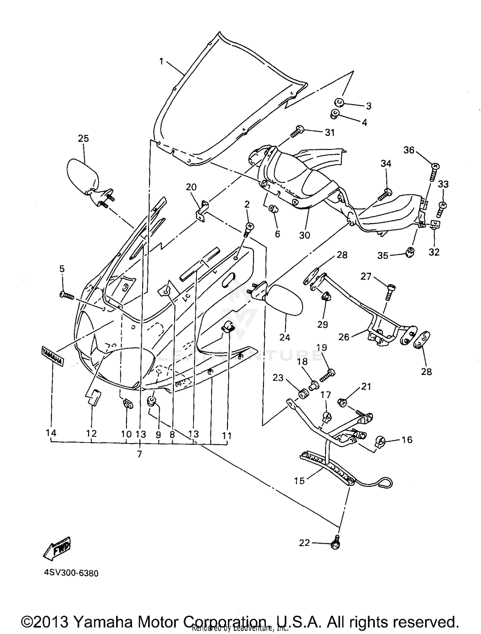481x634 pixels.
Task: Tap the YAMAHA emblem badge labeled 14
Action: click(x=52, y=356)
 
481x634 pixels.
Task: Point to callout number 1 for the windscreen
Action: click(x=161, y=61)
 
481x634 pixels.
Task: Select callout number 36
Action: click(x=409, y=150)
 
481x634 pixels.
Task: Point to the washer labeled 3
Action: click(x=339, y=103)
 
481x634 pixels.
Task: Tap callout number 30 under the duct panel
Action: click(x=304, y=235)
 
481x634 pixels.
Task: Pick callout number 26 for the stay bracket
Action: click(x=344, y=337)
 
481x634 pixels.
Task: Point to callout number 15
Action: click(x=299, y=481)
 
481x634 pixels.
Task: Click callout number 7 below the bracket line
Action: click(x=139, y=454)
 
